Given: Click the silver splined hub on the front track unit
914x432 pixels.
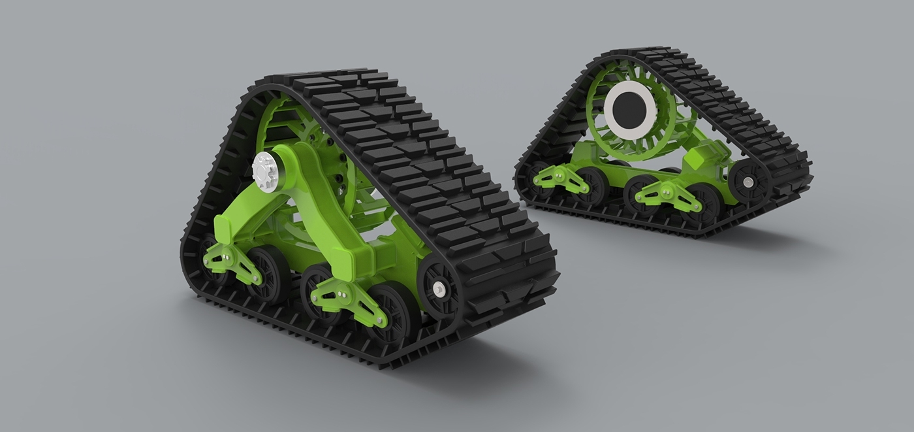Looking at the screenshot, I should point(265,172).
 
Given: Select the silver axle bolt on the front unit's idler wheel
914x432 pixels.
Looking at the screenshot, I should point(439,289).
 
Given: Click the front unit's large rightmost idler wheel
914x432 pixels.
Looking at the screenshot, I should point(439,288).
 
